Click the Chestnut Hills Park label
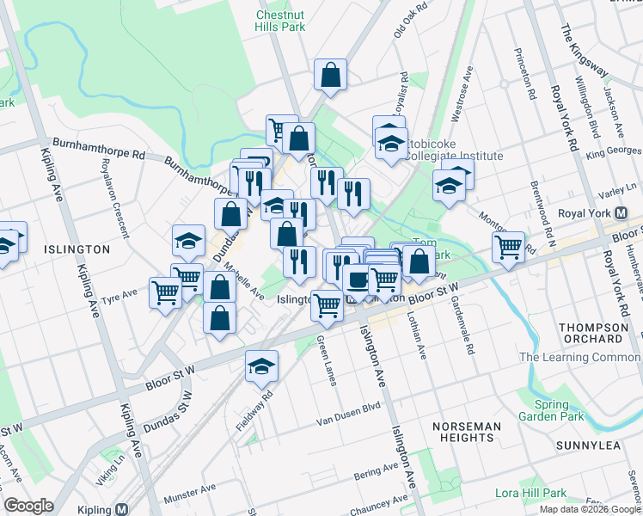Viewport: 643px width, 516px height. [280, 21]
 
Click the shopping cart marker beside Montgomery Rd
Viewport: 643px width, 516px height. [509, 248]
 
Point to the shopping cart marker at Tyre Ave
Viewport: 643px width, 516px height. [165, 292]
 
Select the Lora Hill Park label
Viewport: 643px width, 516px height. [530, 493]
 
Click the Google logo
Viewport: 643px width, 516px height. [29, 506]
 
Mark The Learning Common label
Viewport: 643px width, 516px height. [579, 358]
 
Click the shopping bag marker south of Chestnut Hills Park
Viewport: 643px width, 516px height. [330, 76]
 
